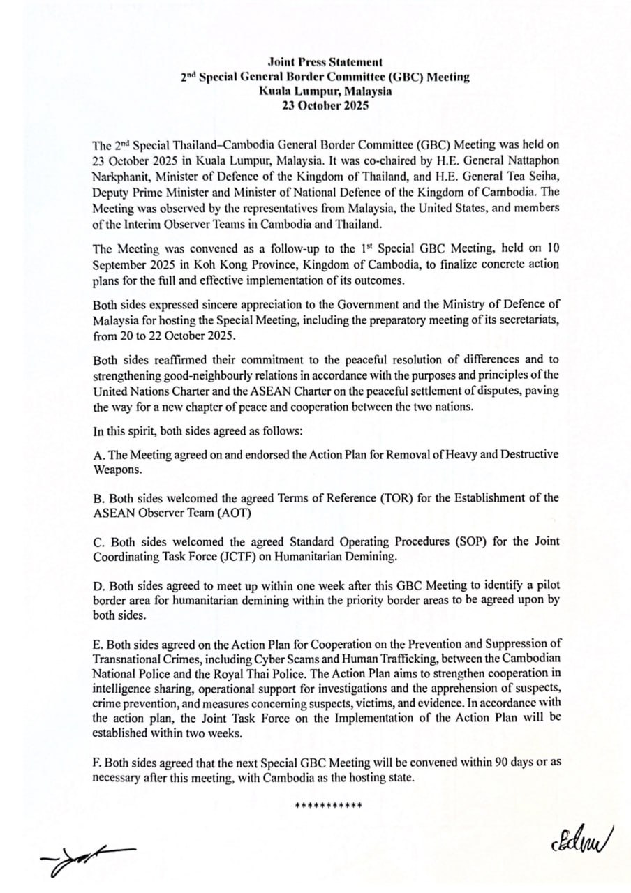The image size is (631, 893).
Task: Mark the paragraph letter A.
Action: (x=98, y=454)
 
